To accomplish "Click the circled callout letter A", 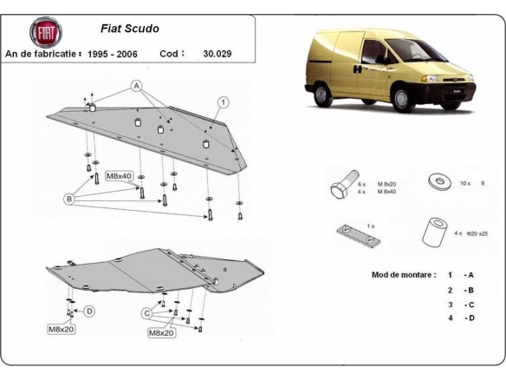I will pyautogui.click(x=137, y=85).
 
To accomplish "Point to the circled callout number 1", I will pyautogui.click(x=223, y=102).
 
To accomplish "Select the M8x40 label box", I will pyautogui.click(x=119, y=176).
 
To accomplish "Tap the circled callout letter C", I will pyautogui.click(x=147, y=312).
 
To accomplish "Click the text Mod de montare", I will pyautogui.click(x=403, y=274).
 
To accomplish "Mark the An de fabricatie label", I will pyautogui.click(x=43, y=54).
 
